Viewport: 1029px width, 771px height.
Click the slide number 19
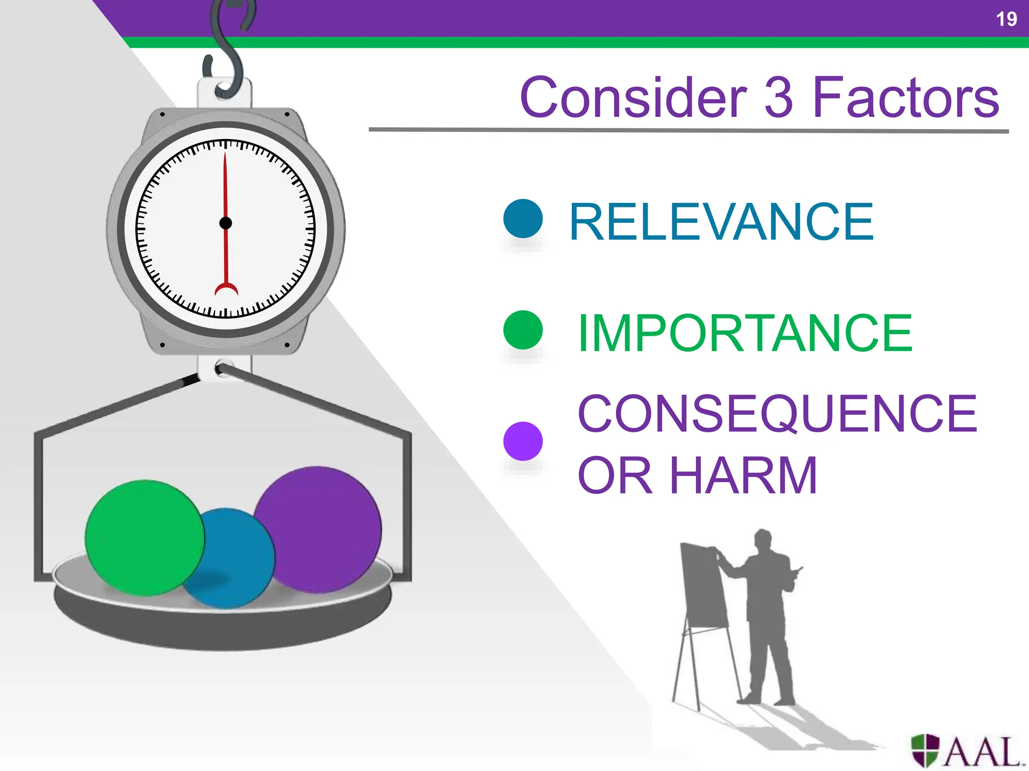click(x=1006, y=19)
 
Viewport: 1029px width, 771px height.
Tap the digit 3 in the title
click(x=778, y=98)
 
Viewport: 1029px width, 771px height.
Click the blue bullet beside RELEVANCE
click(x=523, y=219)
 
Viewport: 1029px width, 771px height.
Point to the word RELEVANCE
click(x=722, y=222)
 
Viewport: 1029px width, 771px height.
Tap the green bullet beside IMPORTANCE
click(x=523, y=330)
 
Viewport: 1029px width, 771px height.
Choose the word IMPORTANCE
click(x=745, y=333)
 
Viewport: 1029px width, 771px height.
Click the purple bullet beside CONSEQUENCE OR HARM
click(x=523, y=441)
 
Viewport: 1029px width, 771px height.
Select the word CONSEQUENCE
click(x=777, y=414)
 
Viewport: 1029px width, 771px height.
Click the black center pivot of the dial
click(x=226, y=223)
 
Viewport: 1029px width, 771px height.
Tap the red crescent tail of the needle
click(x=226, y=289)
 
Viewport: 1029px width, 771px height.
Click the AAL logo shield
click(x=925, y=750)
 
